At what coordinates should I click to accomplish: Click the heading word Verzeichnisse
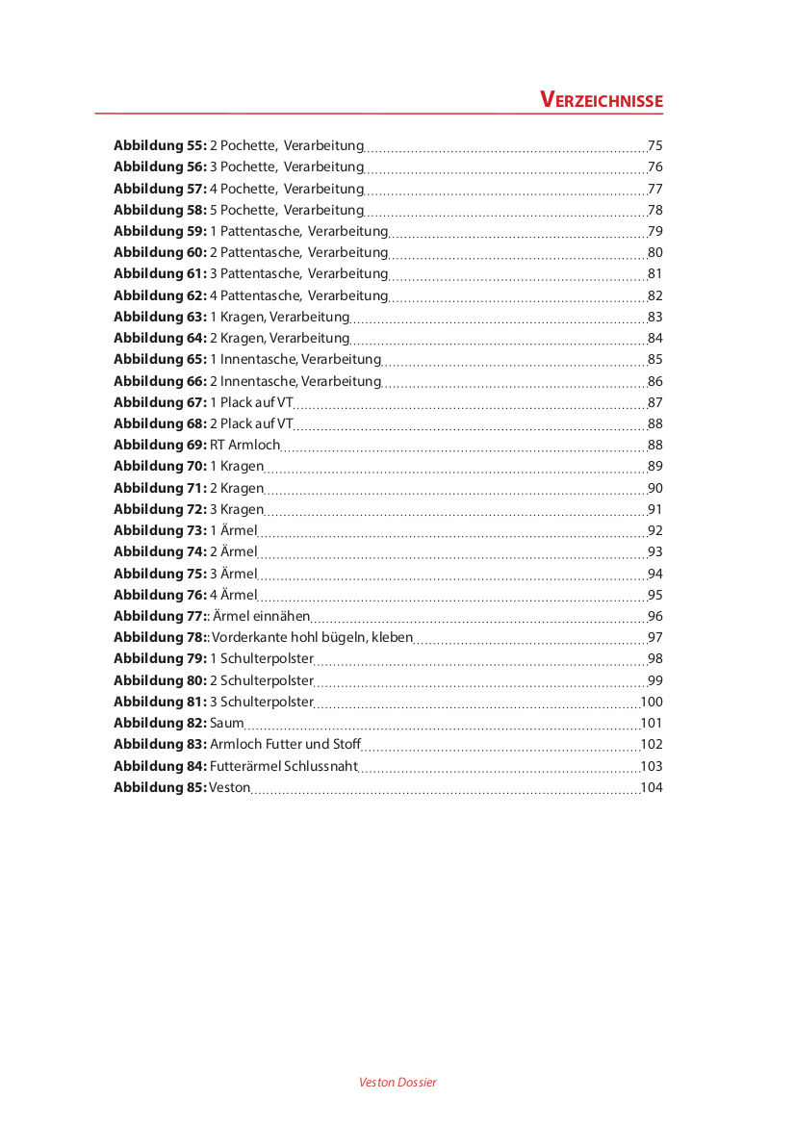[602, 101]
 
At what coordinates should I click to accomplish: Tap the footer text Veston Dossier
[397, 1083]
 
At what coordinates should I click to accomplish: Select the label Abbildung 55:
[160, 146]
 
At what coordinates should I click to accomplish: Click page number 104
[652, 788]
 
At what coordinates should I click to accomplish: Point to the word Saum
[226, 724]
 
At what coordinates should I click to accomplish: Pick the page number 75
[655, 146]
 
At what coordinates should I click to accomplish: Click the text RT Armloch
[244, 446]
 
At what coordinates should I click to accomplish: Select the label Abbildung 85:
[160, 788]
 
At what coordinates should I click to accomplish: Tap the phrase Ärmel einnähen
[261, 617]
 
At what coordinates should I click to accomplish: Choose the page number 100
[652, 703]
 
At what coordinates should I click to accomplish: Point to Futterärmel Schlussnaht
[283, 767]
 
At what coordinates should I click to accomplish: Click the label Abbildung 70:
[160, 467]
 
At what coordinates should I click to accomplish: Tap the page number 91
[655, 510]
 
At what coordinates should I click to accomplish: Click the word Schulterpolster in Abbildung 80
[267, 681]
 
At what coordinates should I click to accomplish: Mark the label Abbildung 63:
[160, 318]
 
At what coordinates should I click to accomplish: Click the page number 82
[655, 296]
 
